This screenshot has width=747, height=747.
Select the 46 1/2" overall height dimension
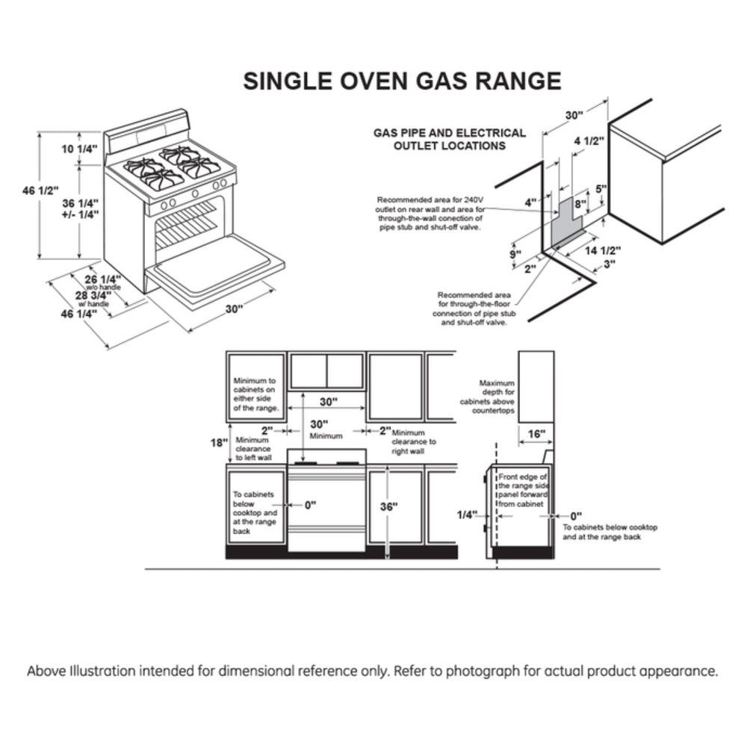(x=40, y=192)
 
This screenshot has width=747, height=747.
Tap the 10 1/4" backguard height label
(x=80, y=149)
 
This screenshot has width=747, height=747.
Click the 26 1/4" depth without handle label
(x=105, y=279)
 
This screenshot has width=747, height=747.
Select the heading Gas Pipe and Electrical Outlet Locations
(x=449, y=139)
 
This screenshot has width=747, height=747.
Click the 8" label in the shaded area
(x=580, y=202)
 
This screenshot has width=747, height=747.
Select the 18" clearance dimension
(x=217, y=442)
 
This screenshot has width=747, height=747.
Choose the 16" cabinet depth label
(x=536, y=433)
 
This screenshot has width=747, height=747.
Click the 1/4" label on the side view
(x=467, y=515)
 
